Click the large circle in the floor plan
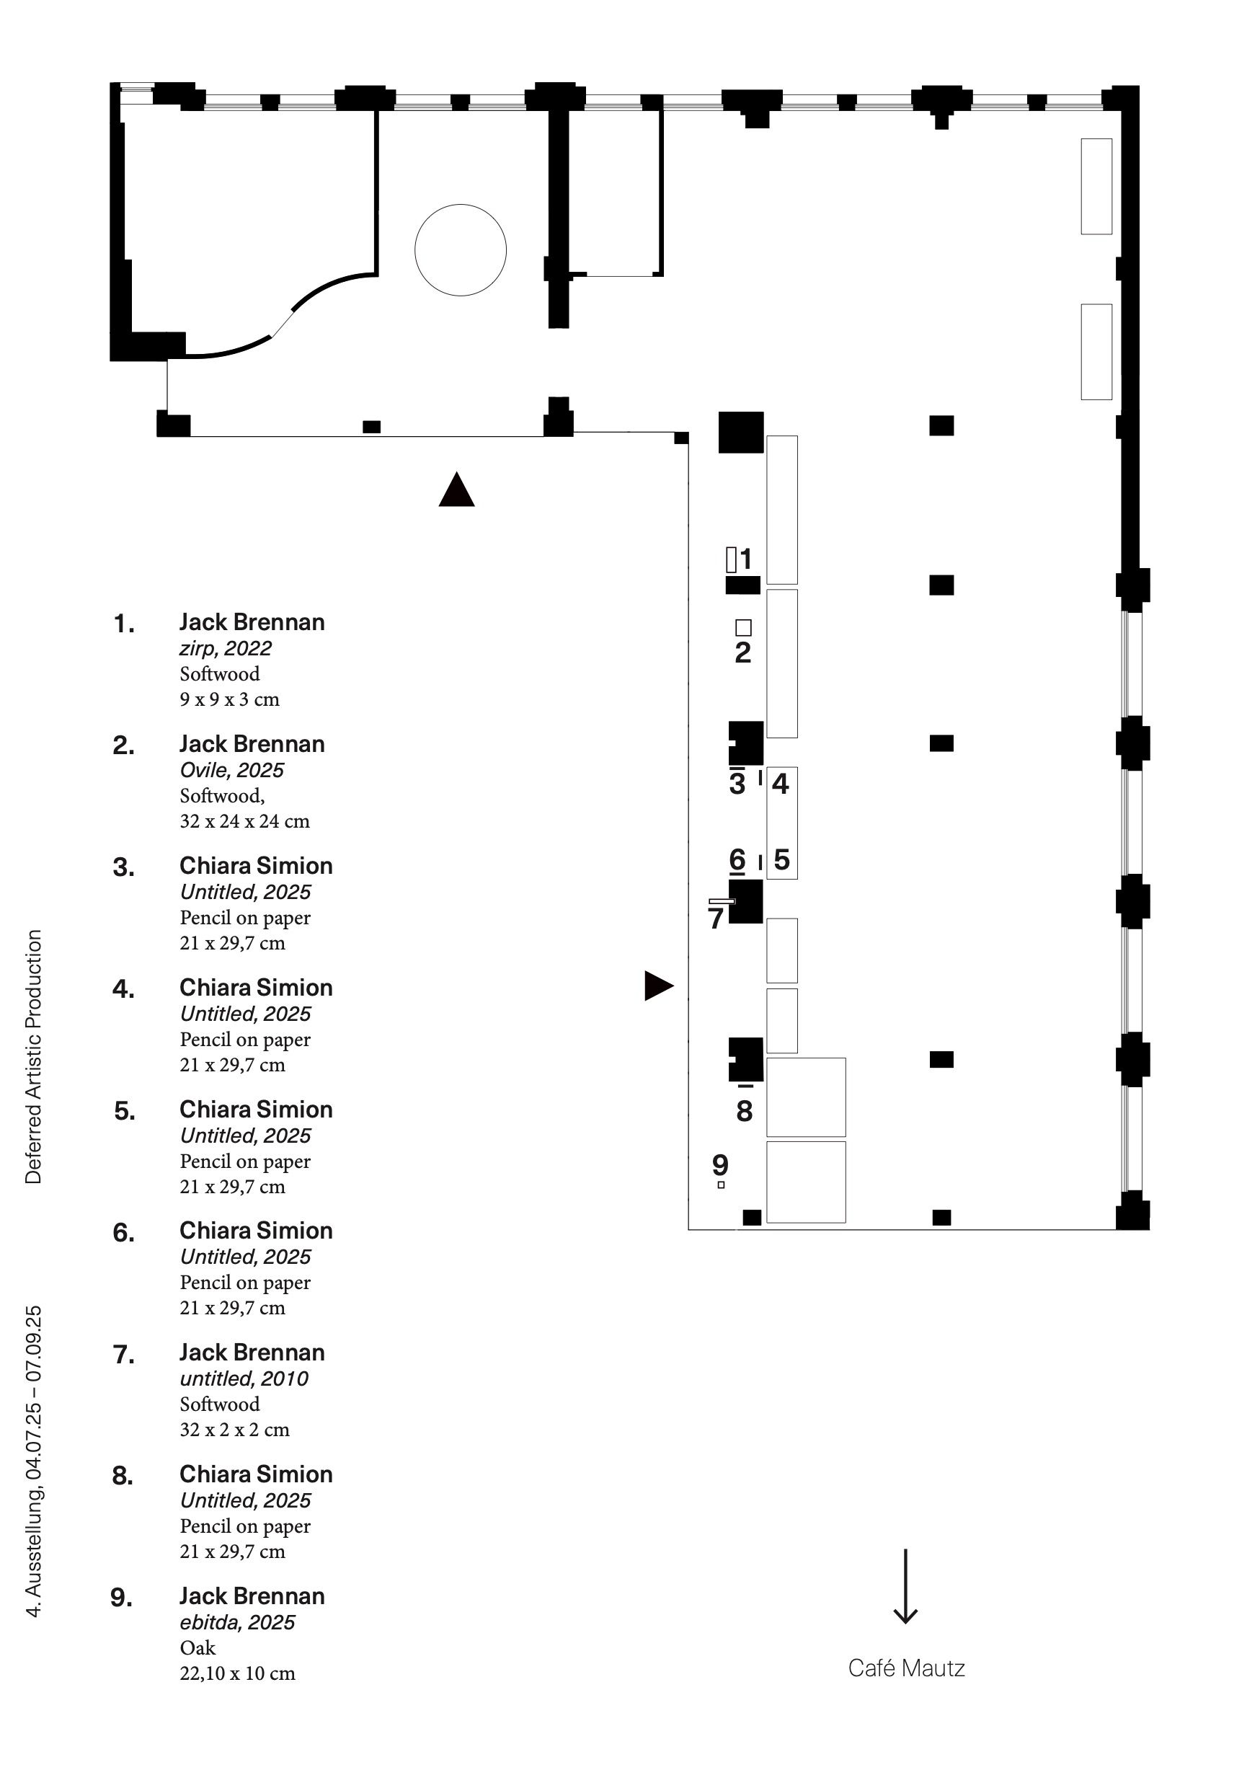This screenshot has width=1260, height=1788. (460, 250)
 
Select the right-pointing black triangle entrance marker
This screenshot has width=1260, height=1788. (657, 985)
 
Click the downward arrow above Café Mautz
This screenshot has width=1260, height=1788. (905, 1586)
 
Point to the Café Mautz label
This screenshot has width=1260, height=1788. (907, 1668)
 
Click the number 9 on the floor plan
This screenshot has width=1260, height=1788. (720, 1165)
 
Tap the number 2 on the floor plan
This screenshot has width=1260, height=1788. (743, 652)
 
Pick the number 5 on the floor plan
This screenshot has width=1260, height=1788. (782, 859)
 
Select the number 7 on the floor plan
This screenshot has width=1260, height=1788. (716, 919)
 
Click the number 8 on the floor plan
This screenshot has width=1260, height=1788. (745, 1111)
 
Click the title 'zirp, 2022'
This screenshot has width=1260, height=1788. (225, 649)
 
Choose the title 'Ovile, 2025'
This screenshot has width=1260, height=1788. (231, 770)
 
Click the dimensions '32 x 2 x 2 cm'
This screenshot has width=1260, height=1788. (234, 1430)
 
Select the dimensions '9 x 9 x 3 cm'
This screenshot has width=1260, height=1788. (229, 699)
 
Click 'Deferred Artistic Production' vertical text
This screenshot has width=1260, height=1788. (33, 1057)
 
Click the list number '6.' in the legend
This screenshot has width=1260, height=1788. (124, 1233)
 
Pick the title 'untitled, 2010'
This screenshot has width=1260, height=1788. (244, 1379)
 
